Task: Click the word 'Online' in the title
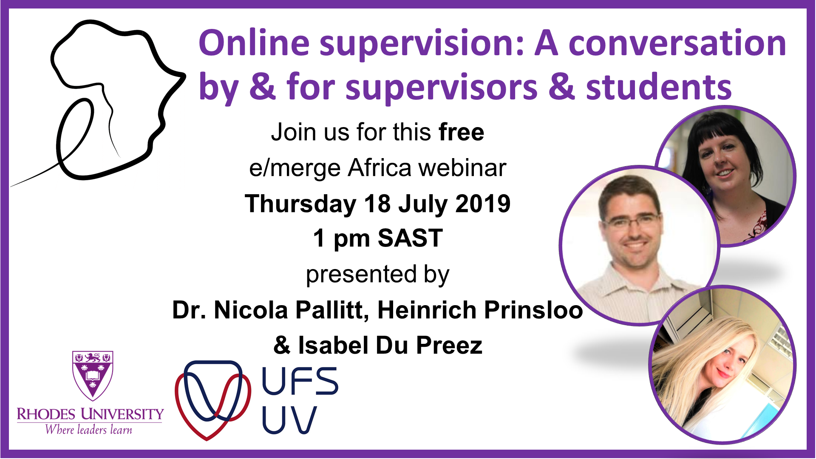(x=255, y=43)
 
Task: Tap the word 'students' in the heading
(x=659, y=87)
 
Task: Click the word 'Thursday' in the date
(x=300, y=204)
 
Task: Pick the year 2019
(x=483, y=204)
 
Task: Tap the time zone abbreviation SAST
(x=410, y=238)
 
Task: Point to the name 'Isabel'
(x=333, y=345)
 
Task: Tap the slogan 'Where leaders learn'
(x=88, y=430)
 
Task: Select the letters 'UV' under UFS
(x=289, y=420)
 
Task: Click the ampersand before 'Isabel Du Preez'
(x=282, y=345)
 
